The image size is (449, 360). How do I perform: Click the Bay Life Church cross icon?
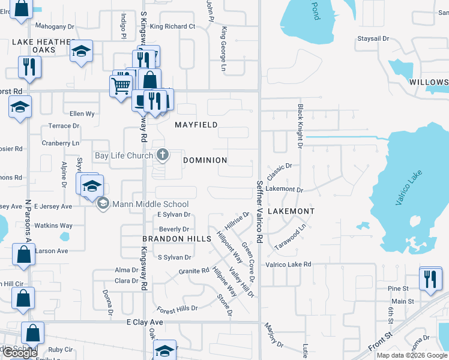162,155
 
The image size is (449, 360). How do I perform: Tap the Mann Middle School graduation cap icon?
103,204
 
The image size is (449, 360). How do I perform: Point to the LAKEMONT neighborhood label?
291,211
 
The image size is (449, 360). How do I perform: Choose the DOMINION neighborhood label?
205,160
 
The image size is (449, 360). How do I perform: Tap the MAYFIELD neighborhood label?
196,125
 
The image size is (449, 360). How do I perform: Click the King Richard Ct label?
173,26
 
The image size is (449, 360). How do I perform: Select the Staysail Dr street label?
373,38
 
